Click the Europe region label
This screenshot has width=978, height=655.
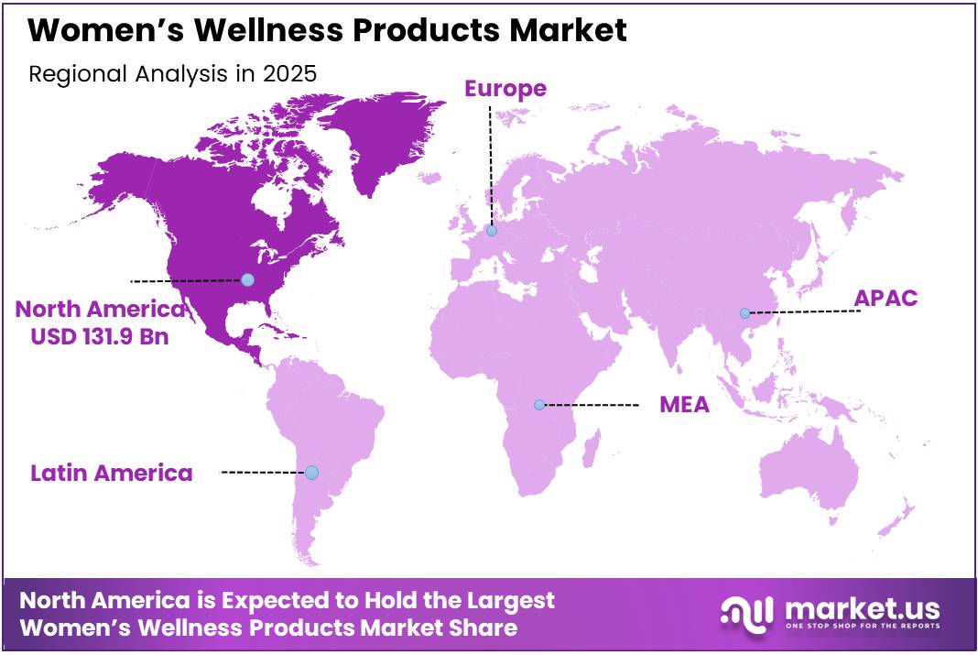[x=505, y=88]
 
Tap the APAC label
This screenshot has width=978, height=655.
[x=885, y=299]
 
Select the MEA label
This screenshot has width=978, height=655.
[x=684, y=404]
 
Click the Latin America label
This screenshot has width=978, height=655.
[x=111, y=473]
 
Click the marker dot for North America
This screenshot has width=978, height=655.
[x=247, y=279]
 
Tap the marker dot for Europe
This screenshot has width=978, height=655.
[x=492, y=231]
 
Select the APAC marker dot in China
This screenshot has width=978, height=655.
[x=744, y=313]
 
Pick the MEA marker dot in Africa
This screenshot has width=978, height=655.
[x=539, y=404]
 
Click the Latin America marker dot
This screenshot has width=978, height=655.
[x=311, y=473]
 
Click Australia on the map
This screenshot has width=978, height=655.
[x=806, y=467]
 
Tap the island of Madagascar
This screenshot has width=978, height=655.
[x=592, y=451]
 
